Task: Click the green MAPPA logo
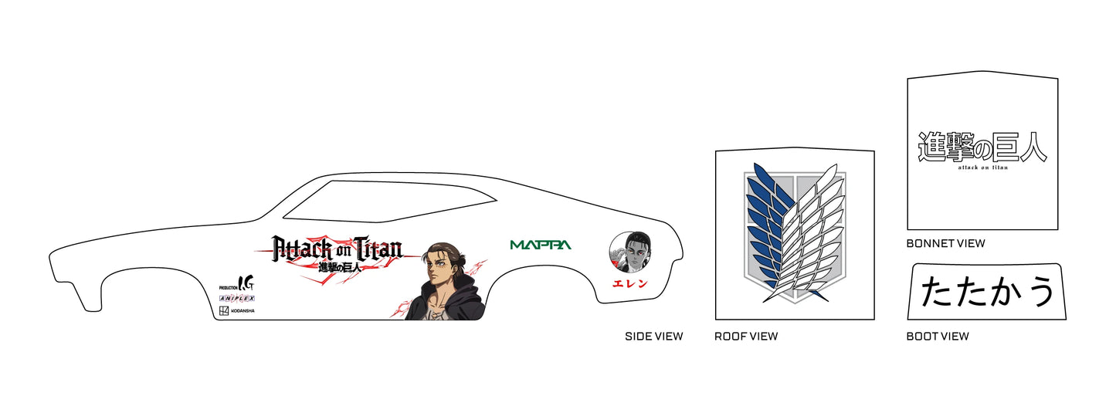tap(541, 245)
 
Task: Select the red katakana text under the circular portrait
tap(630, 283)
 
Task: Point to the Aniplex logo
tap(237, 299)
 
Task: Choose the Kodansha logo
tap(237, 311)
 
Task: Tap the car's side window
tap(389, 201)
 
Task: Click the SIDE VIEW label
tap(653, 337)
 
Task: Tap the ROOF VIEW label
tap(746, 337)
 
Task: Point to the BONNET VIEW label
tap(945, 244)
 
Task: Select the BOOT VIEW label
tap(938, 337)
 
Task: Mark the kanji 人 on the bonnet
tap(1030, 147)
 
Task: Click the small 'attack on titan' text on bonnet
tap(982, 168)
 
